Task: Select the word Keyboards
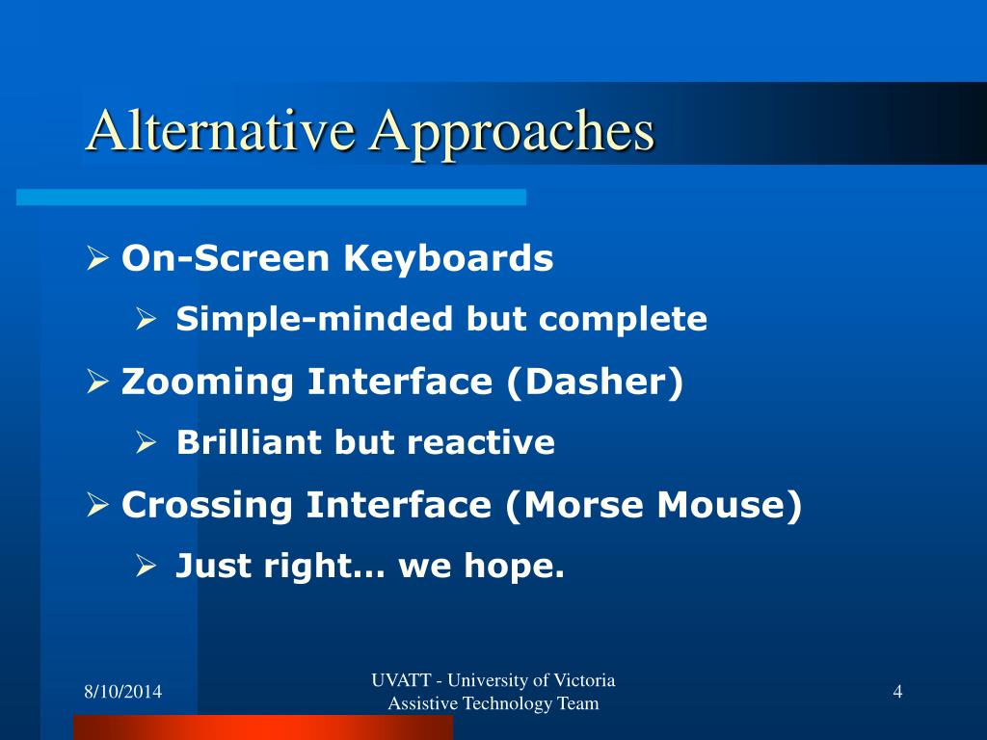448,258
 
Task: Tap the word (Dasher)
595,382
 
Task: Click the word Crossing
207,506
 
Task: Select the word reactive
481,442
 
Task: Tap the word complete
624,320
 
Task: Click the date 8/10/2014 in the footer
123,692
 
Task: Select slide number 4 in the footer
897,692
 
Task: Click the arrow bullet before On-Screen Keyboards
97,258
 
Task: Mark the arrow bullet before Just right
147,566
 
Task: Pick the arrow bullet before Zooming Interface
97,382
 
